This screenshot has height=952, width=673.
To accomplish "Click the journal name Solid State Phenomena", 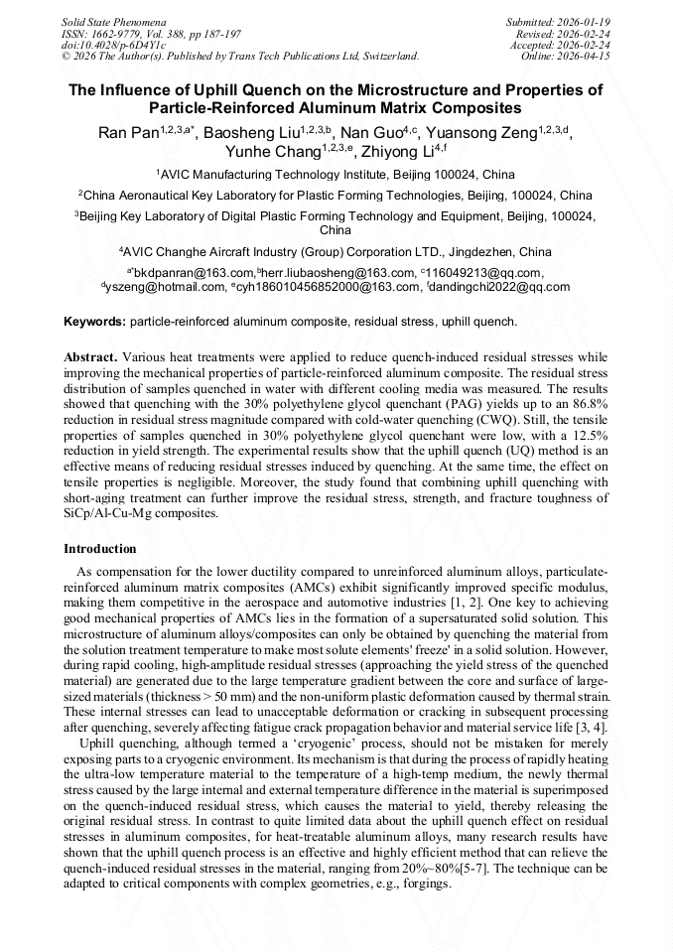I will pyautogui.click(x=114, y=21).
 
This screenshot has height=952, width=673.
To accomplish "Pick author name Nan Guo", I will pyautogui.click(x=370, y=134).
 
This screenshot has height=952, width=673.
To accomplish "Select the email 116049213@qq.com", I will pyautogui.click(x=484, y=273).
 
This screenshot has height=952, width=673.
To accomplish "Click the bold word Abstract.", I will pyautogui.click(x=90, y=356).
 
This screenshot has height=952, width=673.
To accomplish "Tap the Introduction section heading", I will pyautogui.click(x=100, y=549).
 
